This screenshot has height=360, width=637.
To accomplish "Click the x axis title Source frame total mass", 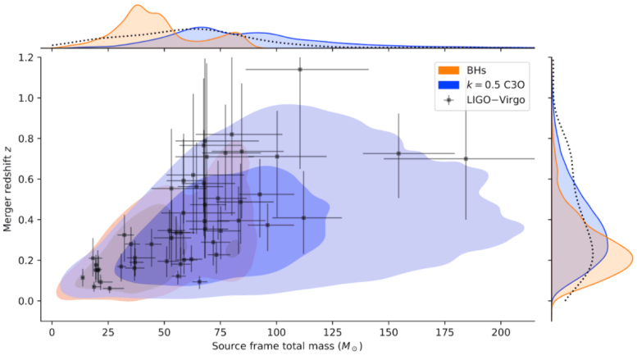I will (x=287, y=348).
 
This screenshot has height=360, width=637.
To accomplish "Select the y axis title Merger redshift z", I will (x=10, y=185).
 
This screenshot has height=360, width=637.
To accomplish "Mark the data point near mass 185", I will (x=466, y=159).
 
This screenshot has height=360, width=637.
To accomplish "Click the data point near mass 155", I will (x=398, y=153).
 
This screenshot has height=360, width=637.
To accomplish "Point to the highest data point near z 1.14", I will (x=300, y=70).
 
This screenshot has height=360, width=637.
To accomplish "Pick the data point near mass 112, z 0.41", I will (x=303, y=217).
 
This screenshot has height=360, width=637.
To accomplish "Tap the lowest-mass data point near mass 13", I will (x=82, y=278).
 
